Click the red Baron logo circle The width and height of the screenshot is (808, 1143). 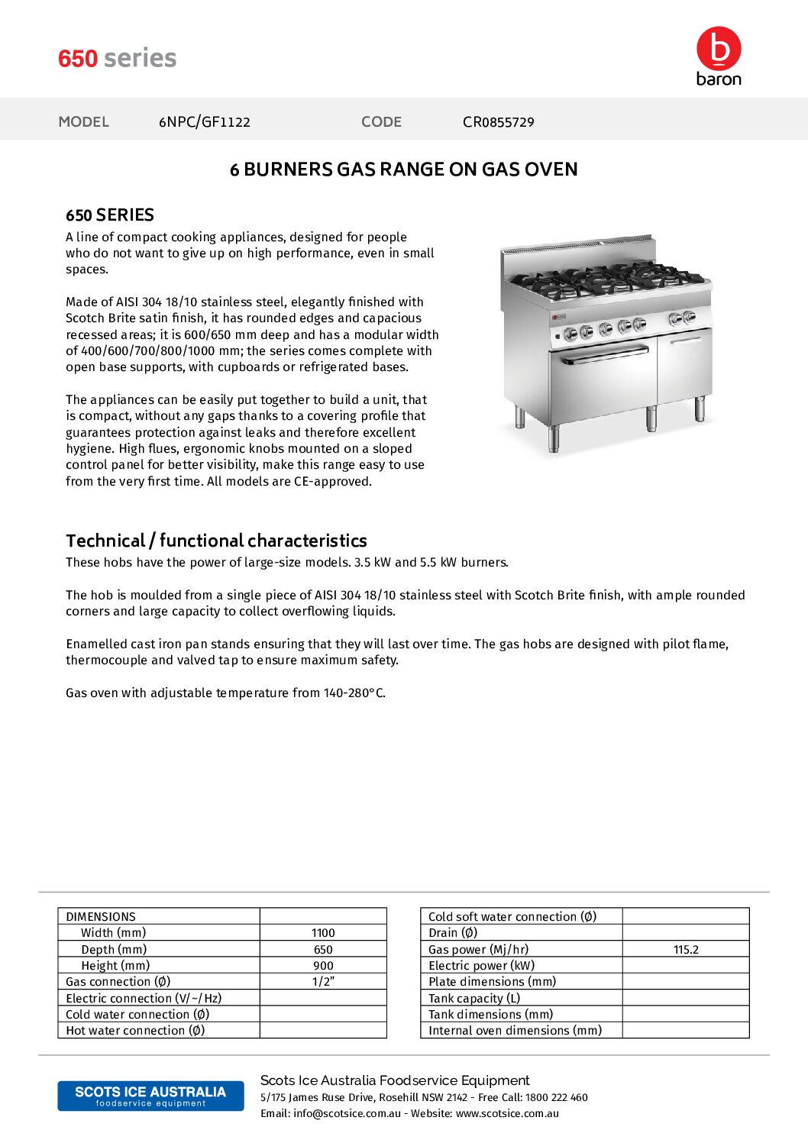coord(718,49)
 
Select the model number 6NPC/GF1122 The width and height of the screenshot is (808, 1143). coord(204,122)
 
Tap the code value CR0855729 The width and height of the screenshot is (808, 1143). coord(498,122)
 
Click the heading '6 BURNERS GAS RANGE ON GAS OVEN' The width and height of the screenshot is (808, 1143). coord(403,170)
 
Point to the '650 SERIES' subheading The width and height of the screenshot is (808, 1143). coord(110,215)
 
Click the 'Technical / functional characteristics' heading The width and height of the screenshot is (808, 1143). coord(216,541)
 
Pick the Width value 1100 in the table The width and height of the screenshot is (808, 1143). coord(323,933)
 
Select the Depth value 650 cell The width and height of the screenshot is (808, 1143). coord(323,950)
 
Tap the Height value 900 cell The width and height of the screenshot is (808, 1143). coord(323,966)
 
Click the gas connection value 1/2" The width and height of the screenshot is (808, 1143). coord(323,982)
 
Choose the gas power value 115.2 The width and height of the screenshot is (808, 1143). coord(686,950)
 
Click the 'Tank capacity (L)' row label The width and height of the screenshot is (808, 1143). coord(474,998)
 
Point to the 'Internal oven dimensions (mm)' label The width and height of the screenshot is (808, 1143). coord(515,1031)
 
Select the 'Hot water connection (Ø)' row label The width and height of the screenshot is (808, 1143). coord(135,1031)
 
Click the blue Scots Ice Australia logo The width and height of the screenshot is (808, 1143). coord(150,1096)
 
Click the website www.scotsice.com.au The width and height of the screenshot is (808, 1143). coord(507,1113)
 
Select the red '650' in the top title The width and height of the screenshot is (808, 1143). coord(78,58)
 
